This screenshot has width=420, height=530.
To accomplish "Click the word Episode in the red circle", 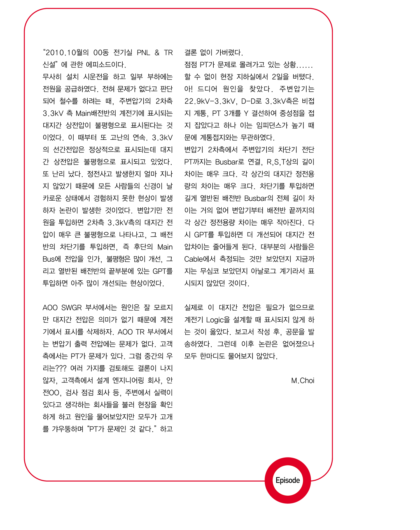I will tap(288, 480).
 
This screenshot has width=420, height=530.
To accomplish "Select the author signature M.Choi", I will tap(302, 381).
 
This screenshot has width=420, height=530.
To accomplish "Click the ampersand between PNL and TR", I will tap(157, 53).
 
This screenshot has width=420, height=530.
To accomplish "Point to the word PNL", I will tap(143, 53).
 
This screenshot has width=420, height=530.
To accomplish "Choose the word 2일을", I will tap(280, 77).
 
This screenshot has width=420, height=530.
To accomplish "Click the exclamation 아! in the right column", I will tap(188, 89).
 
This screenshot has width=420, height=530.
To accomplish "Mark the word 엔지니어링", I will tap(128, 381).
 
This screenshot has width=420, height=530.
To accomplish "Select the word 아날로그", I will tap(263, 271).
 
